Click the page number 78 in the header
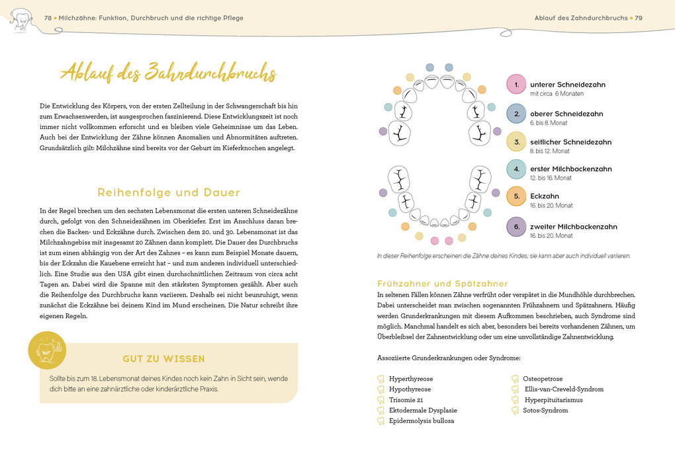(48, 18)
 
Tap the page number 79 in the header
(639, 18)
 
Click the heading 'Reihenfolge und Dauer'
(169, 192)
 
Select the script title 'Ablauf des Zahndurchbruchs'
(168, 73)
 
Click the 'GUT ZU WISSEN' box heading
(163, 359)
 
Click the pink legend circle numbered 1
(516, 85)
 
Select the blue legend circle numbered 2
(516, 114)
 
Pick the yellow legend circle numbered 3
(516, 141)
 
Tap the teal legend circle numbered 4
(516, 169)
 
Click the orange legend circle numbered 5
(516, 196)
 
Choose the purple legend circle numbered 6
(516, 227)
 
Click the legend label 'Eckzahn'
(545, 196)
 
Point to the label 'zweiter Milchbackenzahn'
(573, 227)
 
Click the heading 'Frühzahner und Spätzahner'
(443, 284)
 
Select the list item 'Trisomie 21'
(406, 400)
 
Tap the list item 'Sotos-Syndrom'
(545, 411)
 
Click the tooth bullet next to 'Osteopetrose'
(516, 379)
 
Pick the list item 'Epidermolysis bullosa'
(422, 420)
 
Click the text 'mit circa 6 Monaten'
(557, 94)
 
